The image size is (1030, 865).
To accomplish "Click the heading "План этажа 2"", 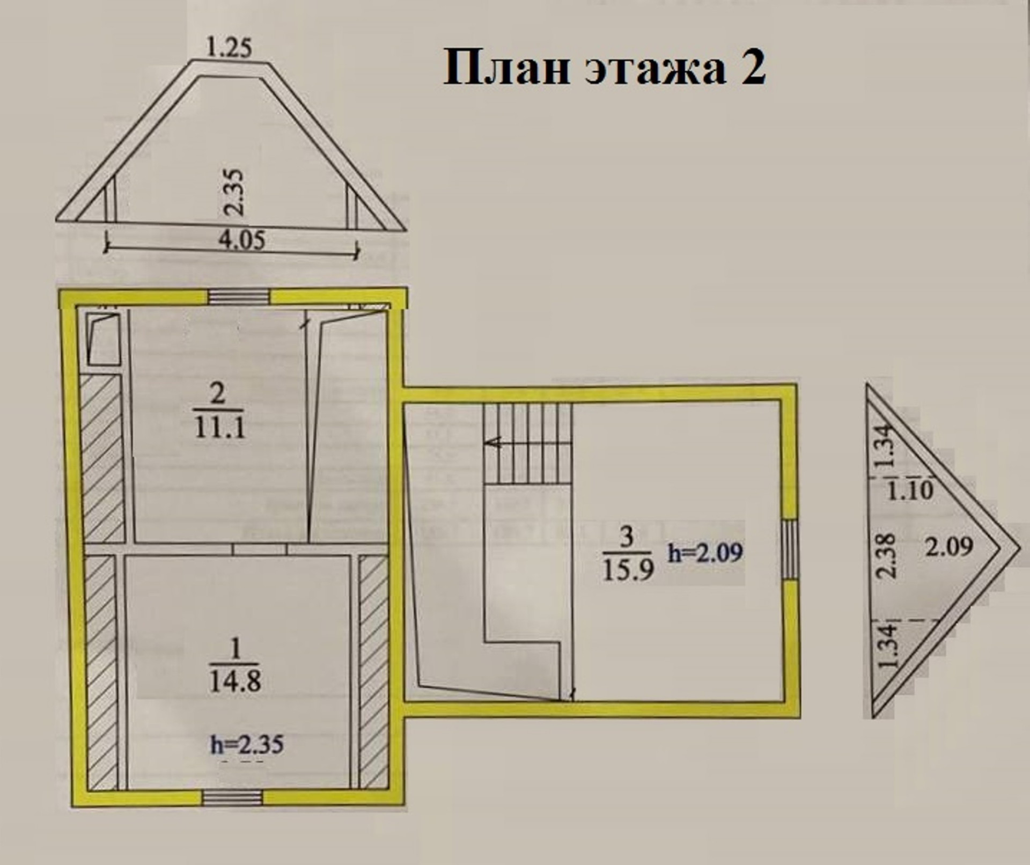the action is (x=604, y=68).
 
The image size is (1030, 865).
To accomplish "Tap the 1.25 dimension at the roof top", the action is (x=229, y=49).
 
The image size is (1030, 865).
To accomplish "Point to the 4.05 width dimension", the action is (x=241, y=240).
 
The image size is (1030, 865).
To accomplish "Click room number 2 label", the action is (x=218, y=394).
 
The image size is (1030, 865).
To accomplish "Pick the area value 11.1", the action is (x=220, y=428).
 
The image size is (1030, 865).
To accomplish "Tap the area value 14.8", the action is (x=235, y=681).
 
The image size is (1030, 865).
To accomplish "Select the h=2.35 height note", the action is (x=247, y=745).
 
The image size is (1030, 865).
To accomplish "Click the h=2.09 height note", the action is (x=705, y=553).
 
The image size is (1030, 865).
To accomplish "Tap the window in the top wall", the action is (x=239, y=297).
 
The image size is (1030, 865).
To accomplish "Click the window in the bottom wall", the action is (x=232, y=798).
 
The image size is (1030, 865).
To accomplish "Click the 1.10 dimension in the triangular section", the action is (x=910, y=490).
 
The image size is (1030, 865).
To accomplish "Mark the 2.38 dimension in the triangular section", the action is (x=888, y=554).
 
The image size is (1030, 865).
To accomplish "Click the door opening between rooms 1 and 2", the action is (x=260, y=549).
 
